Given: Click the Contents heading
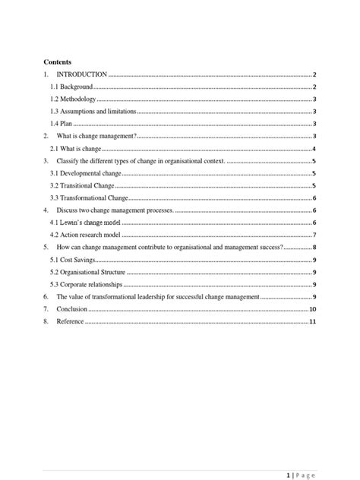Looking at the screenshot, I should pos(57,62).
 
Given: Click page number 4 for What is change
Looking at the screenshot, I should pos(314,149).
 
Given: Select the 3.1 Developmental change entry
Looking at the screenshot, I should pos(84,174).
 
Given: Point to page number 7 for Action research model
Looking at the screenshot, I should pos(314,235).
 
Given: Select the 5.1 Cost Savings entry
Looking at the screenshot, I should pos(73,260).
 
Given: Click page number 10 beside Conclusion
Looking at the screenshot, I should pos(312,309).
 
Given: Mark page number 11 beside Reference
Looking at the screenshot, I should pos(312,321).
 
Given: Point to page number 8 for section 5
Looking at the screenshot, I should pos(314,248).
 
